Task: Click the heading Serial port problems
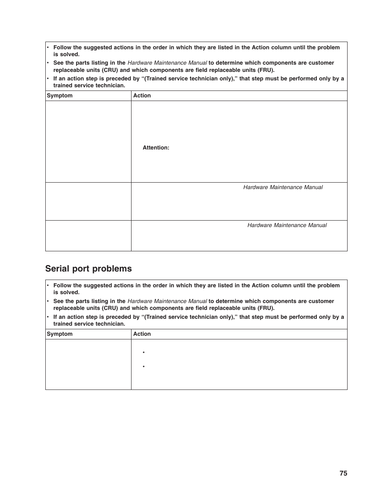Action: click(88, 269)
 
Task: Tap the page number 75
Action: click(343, 473)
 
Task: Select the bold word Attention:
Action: click(156, 148)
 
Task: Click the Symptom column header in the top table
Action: click(59, 96)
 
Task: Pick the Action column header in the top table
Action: click(142, 96)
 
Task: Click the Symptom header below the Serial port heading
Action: click(59, 334)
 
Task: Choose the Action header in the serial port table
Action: click(142, 334)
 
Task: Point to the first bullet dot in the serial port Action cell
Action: click(144, 353)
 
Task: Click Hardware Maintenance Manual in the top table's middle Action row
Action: click(283, 187)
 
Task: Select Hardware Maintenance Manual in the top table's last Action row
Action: click(287, 225)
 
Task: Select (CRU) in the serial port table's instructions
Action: click(110, 308)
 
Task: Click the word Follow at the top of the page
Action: click(62, 48)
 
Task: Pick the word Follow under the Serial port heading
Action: click(62, 286)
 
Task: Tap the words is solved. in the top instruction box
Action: click(66, 55)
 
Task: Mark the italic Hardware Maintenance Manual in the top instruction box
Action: click(167, 63)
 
